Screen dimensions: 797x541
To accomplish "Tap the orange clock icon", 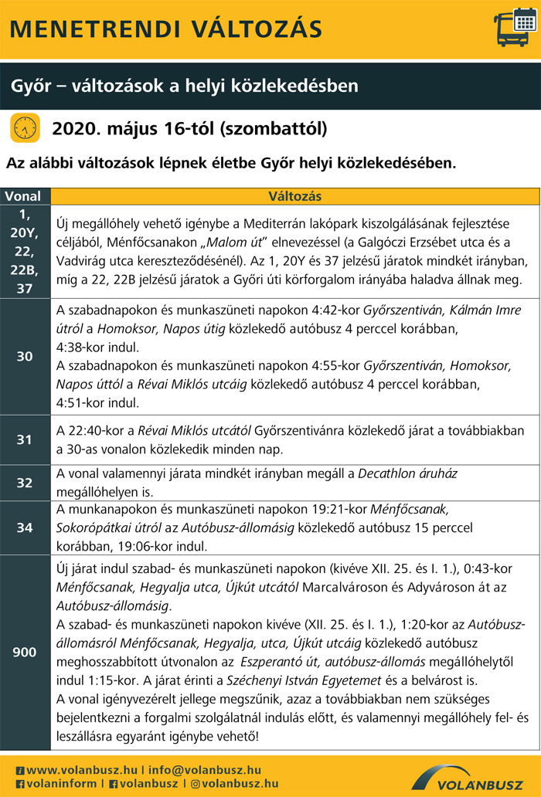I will pos(25,127).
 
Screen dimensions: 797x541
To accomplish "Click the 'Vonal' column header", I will pos(26,196).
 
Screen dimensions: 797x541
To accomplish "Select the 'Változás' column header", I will pos(295,196).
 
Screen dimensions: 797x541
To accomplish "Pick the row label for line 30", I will pos(26,356).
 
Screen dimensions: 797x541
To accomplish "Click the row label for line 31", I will pos(26,440).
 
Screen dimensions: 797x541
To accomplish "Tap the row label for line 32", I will pos(26,483).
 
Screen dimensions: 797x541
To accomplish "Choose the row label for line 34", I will pos(26,528).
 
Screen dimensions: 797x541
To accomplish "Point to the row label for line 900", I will pos(26,653).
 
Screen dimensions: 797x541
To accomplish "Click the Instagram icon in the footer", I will pos(195,783).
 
